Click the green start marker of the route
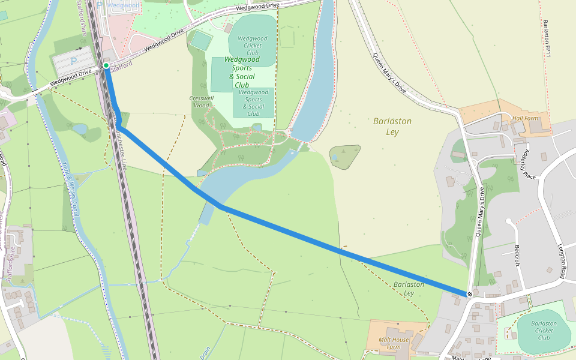[x=106, y=65]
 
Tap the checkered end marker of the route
[x=469, y=294]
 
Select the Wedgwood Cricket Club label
[x=252, y=46]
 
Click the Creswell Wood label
[x=201, y=101]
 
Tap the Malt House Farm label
[x=393, y=343]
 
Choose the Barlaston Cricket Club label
[x=544, y=331]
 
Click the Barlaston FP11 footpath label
[x=547, y=39]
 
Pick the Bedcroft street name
[x=517, y=255]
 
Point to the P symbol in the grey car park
[x=74, y=61]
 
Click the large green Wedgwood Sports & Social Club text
[x=242, y=72]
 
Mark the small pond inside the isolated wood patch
[x=334, y=158]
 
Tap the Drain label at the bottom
[x=205, y=352]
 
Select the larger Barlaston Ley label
[x=392, y=125]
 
